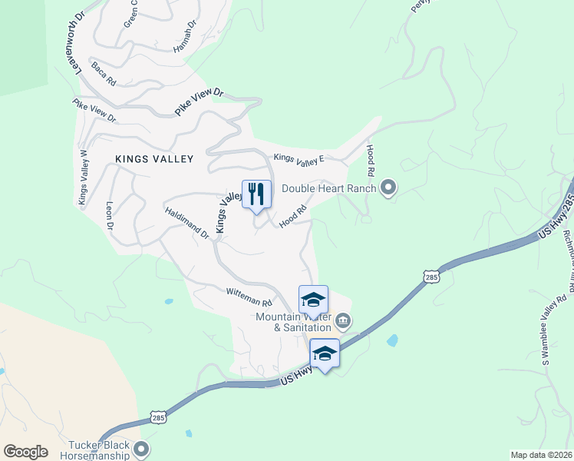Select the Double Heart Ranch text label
[x=329, y=188]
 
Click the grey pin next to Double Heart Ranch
[x=388, y=187]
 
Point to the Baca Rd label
[x=103, y=75]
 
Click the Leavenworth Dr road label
[x=78, y=38]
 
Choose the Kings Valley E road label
[x=300, y=159]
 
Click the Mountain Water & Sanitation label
[x=294, y=323]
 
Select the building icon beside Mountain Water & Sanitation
[x=342, y=320]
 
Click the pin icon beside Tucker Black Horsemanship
[x=140, y=448]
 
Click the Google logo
[x=25, y=452]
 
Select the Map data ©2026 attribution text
[x=542, y=455]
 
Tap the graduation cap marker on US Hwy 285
[x=325, y=354]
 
